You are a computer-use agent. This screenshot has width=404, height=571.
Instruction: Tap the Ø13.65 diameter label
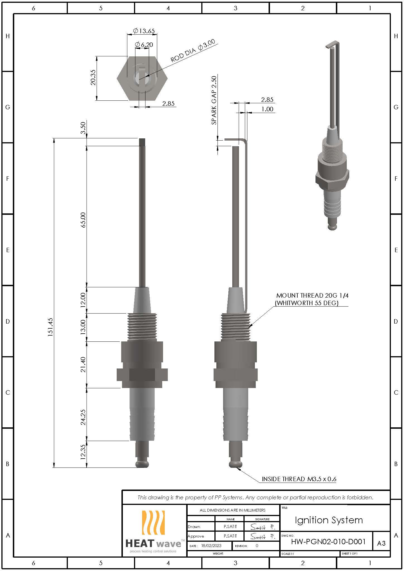coord(144,31)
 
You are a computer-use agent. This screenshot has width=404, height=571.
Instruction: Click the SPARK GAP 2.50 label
coord(214,100)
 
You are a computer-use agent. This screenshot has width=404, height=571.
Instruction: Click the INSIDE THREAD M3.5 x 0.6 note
coord(299,479)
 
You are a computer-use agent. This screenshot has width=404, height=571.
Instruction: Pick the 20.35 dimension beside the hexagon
coord(93,77)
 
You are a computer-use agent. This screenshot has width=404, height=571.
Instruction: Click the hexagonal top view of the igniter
coord(142,78)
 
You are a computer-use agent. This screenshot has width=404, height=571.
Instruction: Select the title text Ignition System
coord(329,520)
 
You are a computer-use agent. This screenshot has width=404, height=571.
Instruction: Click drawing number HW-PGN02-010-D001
coord(328,541)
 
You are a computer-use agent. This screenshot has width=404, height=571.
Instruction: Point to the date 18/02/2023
coord(211,546)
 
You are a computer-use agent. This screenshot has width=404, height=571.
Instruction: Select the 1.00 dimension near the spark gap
coord(267,109)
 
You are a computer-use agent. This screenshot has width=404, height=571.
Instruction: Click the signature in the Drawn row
coord(262,527)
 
